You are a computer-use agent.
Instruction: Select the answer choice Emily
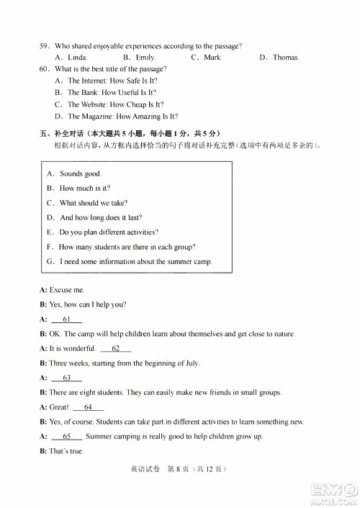pos(145,58)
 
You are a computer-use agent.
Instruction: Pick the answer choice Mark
pos(212,58)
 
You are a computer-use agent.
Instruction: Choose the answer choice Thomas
pos(285,58)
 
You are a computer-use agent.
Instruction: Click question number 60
pos(44,69)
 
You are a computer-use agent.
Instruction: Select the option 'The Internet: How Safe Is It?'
pos(112,81)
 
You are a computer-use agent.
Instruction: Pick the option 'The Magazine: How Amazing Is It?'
pos(122,116)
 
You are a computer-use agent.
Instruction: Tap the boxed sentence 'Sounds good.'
pos(80,173)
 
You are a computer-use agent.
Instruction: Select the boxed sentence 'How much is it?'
pos(84,188)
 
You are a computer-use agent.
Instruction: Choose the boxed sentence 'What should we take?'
pos(93,203)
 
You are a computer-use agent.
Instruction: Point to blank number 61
pos(67,319)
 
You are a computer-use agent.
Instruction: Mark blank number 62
pos(116,348)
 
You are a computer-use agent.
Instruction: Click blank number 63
pos(67,378)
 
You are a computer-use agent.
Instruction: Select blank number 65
pos(67,436)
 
